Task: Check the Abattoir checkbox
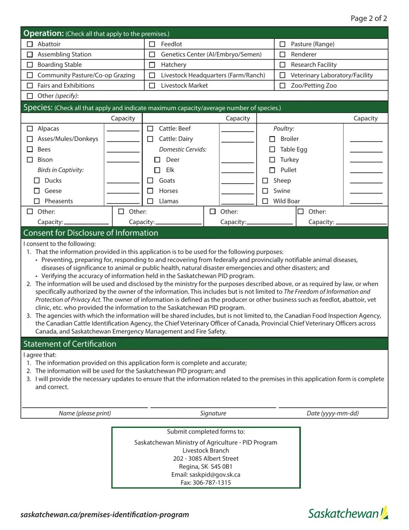coord(30,44)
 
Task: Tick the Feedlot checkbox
coord(152,44)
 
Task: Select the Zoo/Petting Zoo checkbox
coord(282,86)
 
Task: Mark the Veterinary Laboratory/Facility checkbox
coord(282,75)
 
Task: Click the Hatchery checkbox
coord(152,65)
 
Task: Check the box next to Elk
coord(157,170)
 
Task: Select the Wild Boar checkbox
coord(265,201)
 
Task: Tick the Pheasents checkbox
coord(37,201)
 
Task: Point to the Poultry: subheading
coord(284,129)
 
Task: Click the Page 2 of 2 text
coord(369,18)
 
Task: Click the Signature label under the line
coord(213,413)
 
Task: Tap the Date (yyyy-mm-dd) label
coord(332,413)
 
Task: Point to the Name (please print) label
coord(85,413)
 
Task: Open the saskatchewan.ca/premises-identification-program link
coord(105,514)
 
